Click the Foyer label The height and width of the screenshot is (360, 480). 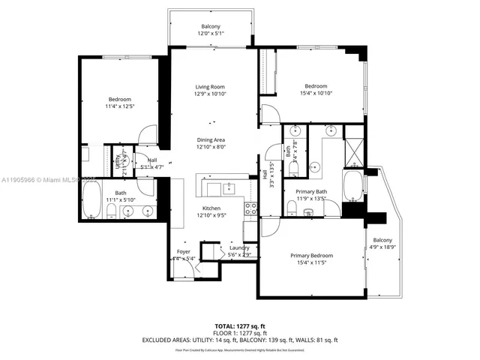[184, 251]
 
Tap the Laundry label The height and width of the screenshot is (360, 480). [239, 247]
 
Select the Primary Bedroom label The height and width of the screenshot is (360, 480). [311, 256]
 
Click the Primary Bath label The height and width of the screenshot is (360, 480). [311, 192]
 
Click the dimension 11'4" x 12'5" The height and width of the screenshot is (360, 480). [120, 107]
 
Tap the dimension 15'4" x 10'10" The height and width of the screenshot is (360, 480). [314, 94]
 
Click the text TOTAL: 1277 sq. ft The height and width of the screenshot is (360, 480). [239, 325]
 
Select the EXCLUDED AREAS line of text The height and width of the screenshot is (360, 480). [239, 340]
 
